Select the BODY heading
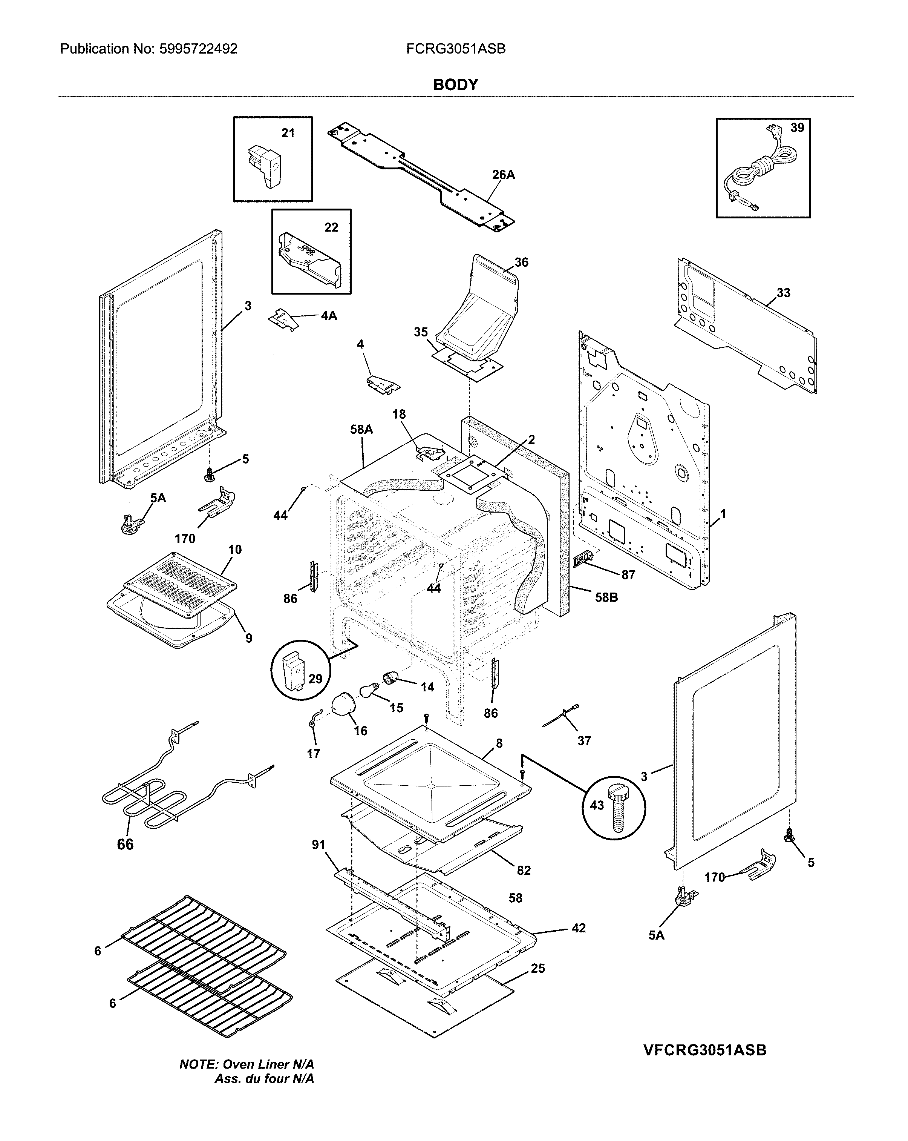tap(455, 84)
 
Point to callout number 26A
tap(503, 175)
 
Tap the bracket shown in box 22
tap(309, 260)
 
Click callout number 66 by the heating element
tap(126, 844)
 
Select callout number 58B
tap(606, 597)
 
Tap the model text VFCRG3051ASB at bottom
tap(704, 1050)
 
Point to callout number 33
tap(783, 293)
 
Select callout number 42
tap(579, 928)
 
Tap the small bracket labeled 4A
tap(282, 319)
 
